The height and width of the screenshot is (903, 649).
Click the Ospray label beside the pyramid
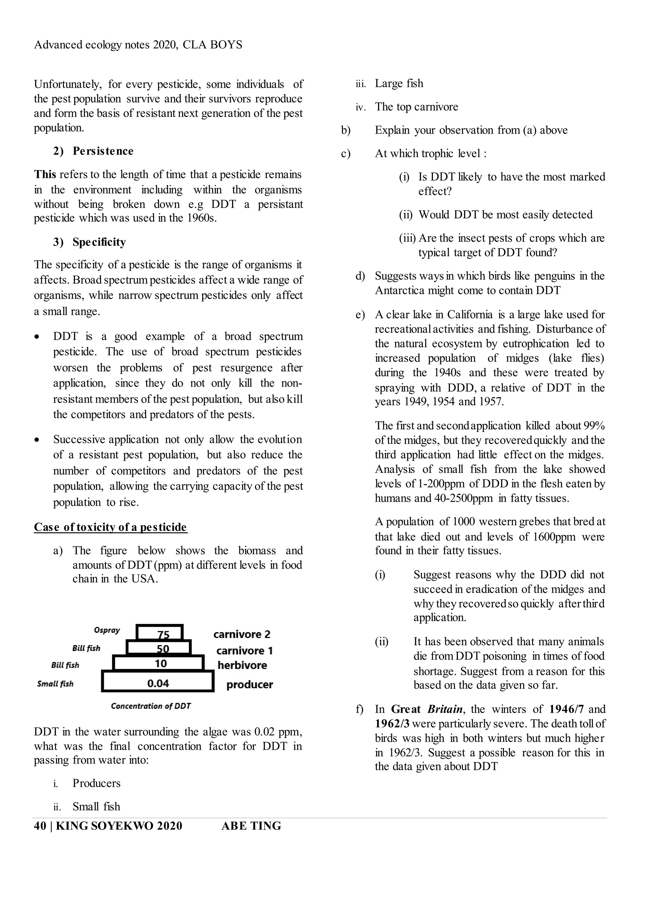point(107,630)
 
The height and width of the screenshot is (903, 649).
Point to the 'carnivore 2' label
point(242,634)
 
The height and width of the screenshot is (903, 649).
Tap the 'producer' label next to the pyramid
point(249,685)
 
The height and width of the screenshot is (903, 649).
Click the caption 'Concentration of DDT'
point(151,706)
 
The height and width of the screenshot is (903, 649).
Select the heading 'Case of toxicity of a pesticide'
point(110,527)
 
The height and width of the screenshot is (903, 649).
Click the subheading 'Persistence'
point(103,151)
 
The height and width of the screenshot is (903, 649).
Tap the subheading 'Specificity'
point(99,242)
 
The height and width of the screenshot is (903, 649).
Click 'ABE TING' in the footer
point(251,826)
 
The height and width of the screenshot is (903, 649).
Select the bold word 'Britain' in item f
point(445,709)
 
